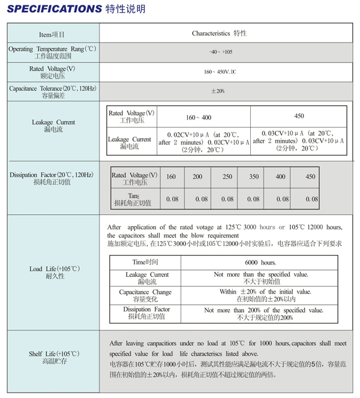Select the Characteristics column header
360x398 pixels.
(x=219, y=34)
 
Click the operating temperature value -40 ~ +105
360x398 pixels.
(x=220, y=52)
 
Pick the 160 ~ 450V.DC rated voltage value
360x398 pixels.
(x=220, y=71)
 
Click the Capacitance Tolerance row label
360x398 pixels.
(x=53, y=91)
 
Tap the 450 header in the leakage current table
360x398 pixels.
(x=299, y=116)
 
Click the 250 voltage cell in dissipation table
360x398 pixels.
(x=227, y=176)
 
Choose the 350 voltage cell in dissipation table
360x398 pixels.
(x=254, y=176)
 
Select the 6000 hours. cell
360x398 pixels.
(x=260, y=263)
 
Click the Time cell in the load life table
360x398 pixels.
(x=146, y=263)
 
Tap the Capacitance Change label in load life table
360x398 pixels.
(x=145, y=295)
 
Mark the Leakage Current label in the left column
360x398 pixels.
(x=53, y=125)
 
